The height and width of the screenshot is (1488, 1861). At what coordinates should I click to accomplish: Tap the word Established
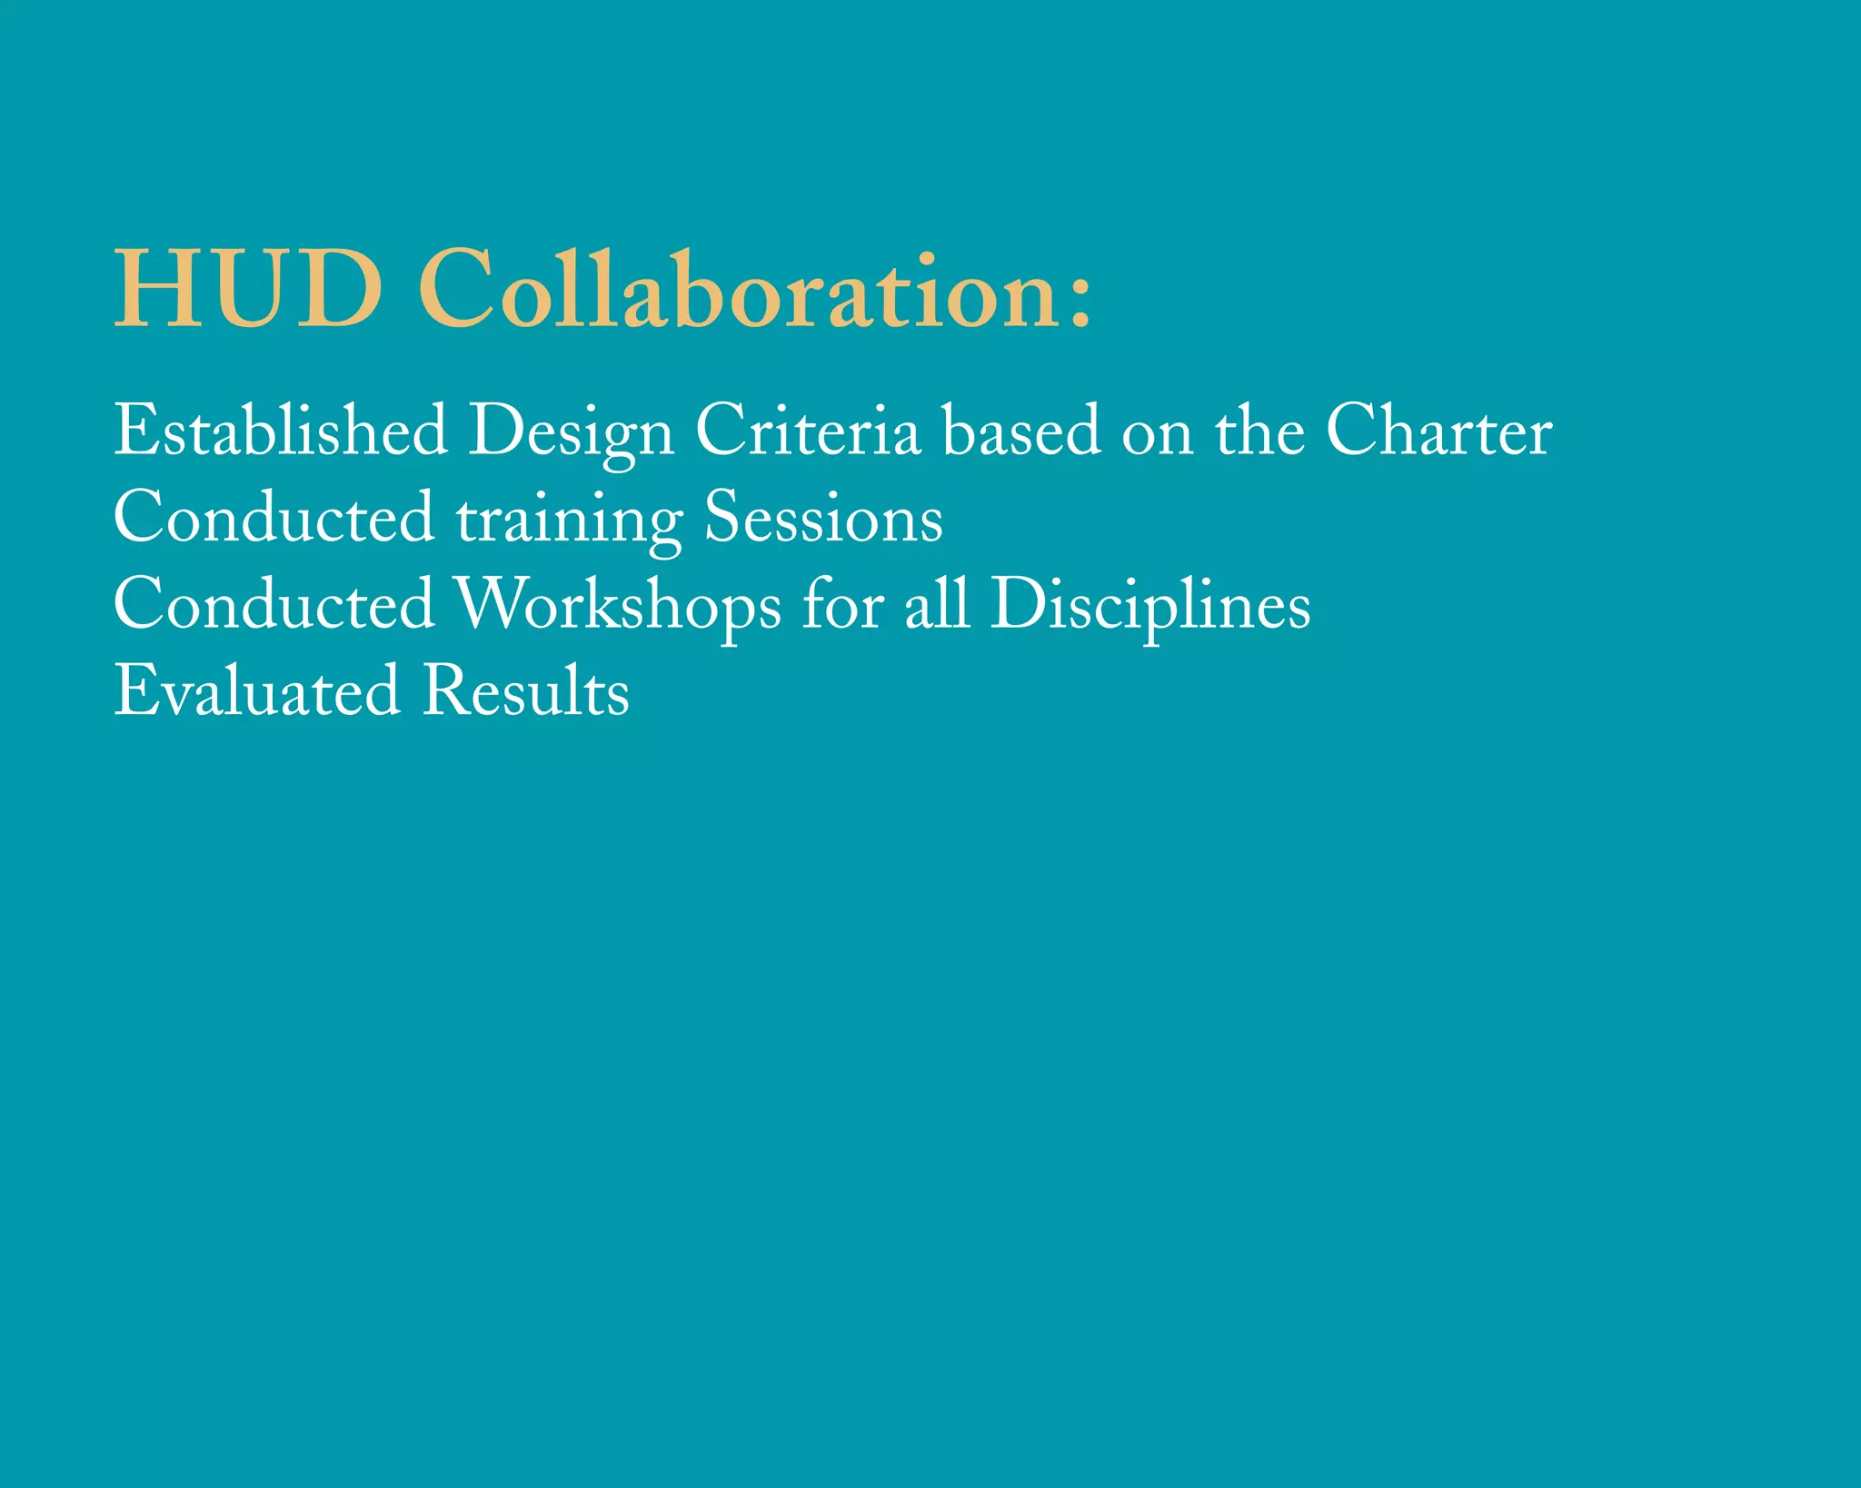click(x=281, y=431)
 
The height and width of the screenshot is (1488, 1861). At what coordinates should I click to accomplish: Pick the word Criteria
click(x=808, y=431)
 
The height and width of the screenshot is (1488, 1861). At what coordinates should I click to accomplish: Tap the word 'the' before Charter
click(x=1259, y=431)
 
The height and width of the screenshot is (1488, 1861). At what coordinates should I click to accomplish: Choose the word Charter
click(x=1438, y=431)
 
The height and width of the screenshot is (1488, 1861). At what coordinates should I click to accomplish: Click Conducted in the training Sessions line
click(x=274, y=518)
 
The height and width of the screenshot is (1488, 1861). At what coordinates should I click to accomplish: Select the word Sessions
click(x=823, y=518)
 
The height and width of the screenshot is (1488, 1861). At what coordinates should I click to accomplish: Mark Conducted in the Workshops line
click(x=274, y=604)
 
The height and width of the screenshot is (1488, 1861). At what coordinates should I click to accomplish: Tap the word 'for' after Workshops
click(x=842, y=604)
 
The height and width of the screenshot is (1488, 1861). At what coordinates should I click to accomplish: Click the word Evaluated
click(x=256, y=691)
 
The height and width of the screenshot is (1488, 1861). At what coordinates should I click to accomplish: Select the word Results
click(x=526, y=691)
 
